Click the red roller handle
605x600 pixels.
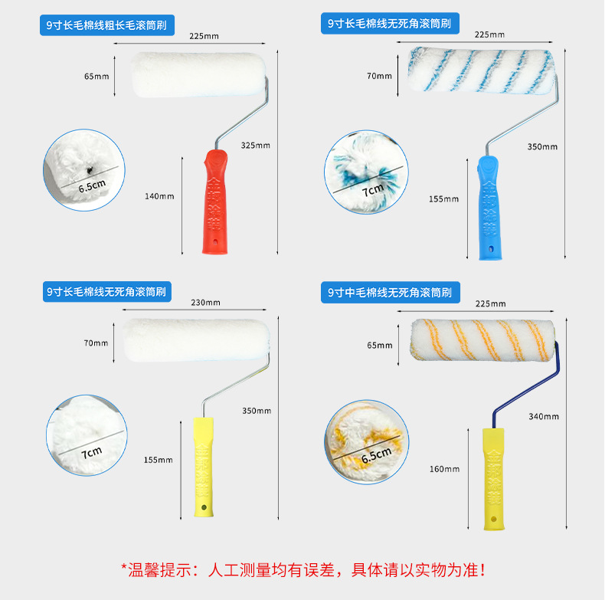point(214,201)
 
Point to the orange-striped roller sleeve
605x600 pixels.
point(482,339)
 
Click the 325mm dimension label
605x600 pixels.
point(255,145)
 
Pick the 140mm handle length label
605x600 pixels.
point(159,196)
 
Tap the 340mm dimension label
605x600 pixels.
point(543,416)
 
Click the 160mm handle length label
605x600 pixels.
point(444,469)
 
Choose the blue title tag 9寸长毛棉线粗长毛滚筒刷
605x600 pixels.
point(107,26)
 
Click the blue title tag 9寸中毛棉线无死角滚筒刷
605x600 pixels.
point(389,292)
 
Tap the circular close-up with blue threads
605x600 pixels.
point(365,172)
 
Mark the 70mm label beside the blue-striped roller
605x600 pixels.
point(379,76)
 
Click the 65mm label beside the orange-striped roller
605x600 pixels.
point(379,345)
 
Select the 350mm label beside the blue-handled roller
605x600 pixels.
point(542,147)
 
